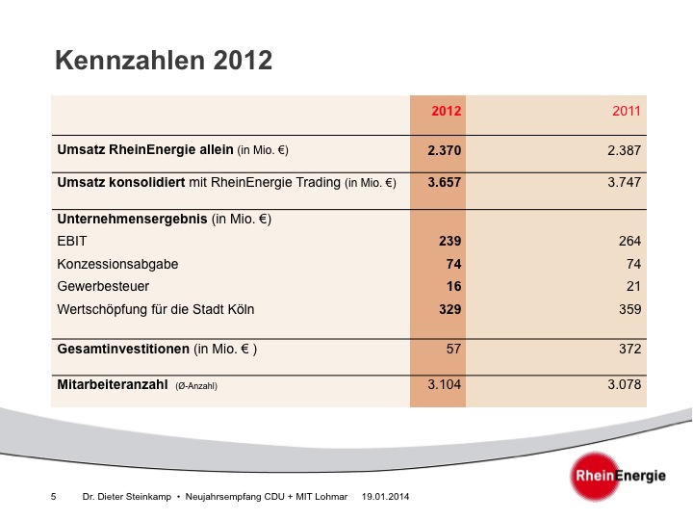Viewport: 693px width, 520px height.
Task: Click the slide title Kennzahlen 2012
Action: click(164, 61)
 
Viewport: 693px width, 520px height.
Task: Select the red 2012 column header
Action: click(447, 112)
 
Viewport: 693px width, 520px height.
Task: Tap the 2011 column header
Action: click(627, 112)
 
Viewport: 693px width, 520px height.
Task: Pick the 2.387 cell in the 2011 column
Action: click(625, 151)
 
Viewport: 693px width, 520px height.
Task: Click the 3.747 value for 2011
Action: click(625, 182)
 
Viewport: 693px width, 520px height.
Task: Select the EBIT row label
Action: click(73, 242)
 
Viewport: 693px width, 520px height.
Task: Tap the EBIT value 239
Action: click(450, 242)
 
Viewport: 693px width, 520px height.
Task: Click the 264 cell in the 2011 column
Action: click(630, 242)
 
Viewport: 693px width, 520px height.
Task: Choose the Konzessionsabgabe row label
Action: click(117, 264)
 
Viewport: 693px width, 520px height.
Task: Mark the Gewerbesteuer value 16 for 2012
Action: click(454, 287)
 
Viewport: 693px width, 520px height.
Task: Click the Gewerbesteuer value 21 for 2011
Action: click(633, 287)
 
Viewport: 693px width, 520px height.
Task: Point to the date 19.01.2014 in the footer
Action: click(386, 496)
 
